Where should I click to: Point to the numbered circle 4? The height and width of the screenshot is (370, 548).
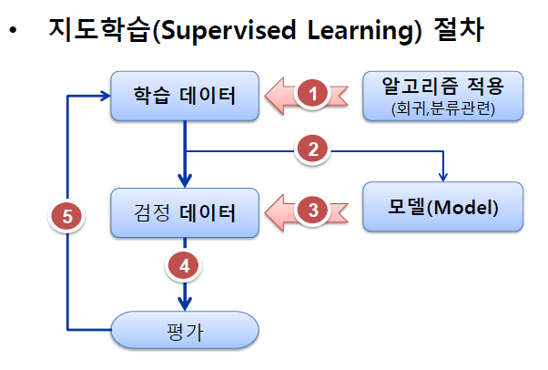pos(185,266)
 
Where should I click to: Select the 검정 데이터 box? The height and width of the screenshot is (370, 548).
pos(185,213)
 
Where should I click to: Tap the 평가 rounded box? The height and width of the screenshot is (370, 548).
pos(185,329)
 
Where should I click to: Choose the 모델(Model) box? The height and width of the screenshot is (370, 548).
pos(444,207)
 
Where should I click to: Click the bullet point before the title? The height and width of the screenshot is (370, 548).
pos(13,33)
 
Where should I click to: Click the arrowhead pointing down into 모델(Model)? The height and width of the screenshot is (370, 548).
pos(443,177)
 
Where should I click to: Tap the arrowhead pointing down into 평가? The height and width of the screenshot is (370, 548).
pos(185,304)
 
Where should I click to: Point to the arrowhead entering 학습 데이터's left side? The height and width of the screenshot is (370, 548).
pos(103,93)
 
